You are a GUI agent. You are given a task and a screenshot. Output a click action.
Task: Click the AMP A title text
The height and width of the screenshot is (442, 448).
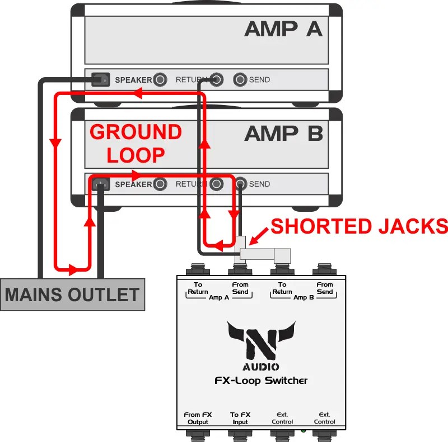click(283, 28)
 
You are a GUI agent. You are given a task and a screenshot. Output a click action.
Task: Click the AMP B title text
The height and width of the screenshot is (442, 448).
click(283, 134)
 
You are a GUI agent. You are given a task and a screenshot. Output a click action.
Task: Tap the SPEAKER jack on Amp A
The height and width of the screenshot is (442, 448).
click(160, 80)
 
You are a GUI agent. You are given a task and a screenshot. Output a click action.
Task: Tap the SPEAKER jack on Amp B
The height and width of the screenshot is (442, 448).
click(160, 184)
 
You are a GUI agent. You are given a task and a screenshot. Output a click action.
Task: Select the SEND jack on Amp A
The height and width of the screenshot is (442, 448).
click(240, 80)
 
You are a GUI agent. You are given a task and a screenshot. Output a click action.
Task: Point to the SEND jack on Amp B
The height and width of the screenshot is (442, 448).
click(241, 184)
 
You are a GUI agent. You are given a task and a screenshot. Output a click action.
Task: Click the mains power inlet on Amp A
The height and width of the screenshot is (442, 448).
click(101, 80)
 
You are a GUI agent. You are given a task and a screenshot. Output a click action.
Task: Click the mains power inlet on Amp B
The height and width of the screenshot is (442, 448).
click(101, 184)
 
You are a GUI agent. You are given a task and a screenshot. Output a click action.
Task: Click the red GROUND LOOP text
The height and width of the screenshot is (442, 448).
click(136, 143)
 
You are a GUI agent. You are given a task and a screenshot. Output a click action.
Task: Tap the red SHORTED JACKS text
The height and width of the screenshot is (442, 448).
click(358, 226)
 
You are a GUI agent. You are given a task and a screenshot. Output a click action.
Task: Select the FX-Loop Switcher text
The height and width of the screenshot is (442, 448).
click(260, 381)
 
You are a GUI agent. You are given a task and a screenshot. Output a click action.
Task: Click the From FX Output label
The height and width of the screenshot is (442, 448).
click(198, 418)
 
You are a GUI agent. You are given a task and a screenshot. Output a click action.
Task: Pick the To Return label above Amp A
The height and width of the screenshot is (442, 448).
click(198, 288)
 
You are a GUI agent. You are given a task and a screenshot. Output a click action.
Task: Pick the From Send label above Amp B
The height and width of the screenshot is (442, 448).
click(324, 288)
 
